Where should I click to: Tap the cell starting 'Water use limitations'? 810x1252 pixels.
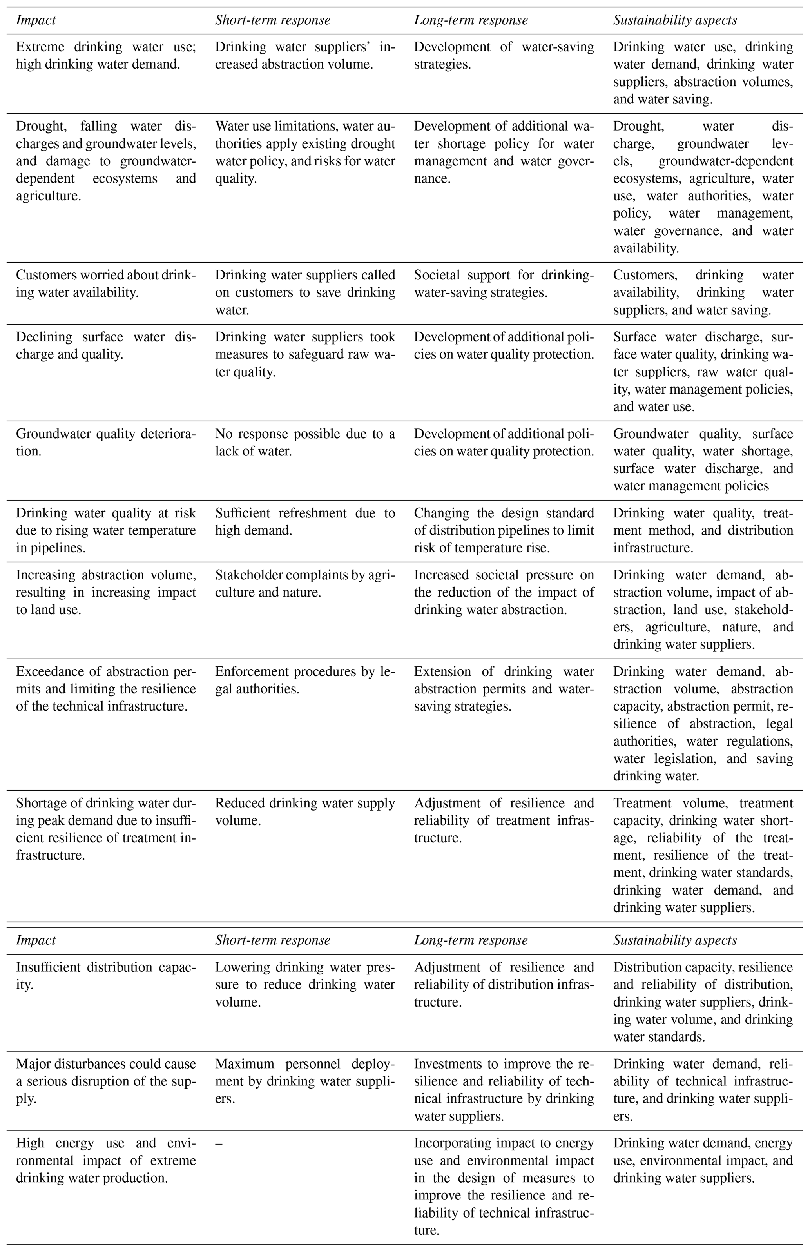pyautogui.click(x=304, y=152)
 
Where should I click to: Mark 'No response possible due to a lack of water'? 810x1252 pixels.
pyautogui.click(x=304, y=443)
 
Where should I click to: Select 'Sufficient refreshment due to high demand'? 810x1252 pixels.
pyautogui.click(x=304, y=521)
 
